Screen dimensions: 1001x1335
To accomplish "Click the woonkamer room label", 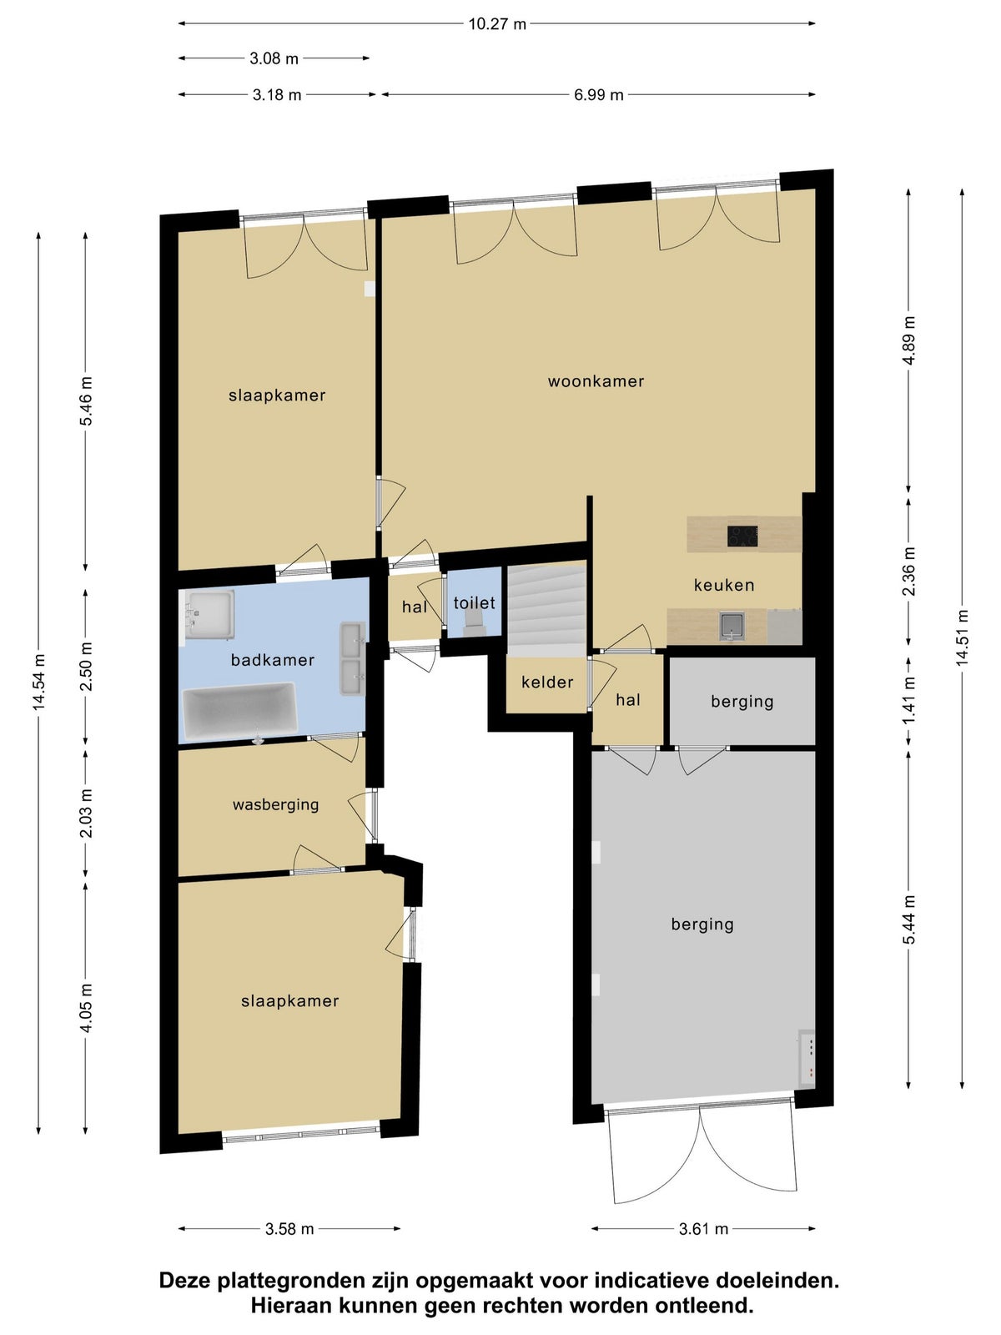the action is tap(596, 381).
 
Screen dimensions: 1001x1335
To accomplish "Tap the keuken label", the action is tap(724, 585).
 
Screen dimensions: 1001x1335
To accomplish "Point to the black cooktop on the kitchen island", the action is tap(742, 537).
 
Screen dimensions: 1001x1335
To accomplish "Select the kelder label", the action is tap(547, 682).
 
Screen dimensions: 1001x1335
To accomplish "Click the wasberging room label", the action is tap(275, 804).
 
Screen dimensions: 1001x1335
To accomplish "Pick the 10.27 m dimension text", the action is tap(496, 24).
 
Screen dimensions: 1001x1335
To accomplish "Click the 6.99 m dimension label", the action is tap(599, 95).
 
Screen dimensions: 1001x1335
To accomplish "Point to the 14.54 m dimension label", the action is tap(39, 682).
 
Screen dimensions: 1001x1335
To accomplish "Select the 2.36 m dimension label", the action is tap(908, 572).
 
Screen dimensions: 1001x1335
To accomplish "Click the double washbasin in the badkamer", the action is tap(353, 658).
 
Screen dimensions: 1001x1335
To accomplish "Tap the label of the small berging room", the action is tap(742, 702).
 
